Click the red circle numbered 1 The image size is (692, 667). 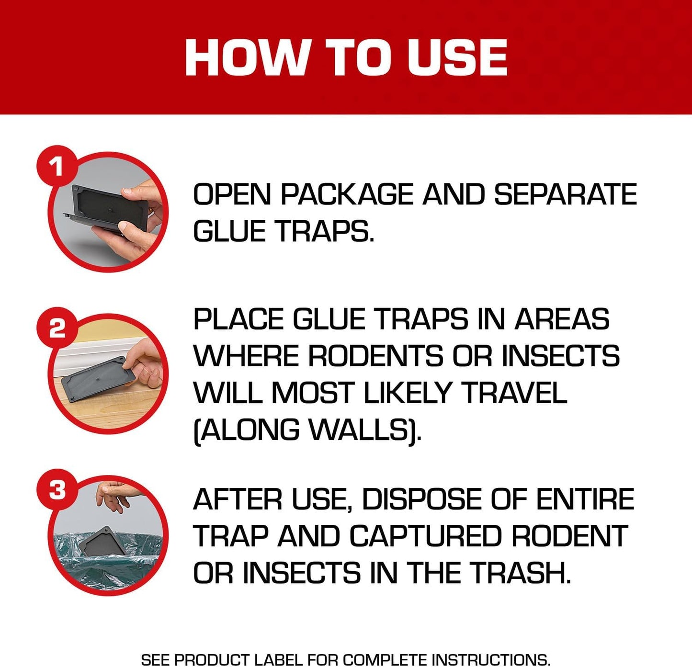pos(57,167)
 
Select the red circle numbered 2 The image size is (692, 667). pos(57,328)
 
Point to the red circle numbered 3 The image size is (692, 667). pos(57,490)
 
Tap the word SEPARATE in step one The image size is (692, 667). pos(565,195)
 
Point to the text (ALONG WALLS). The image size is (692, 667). pos(307,430)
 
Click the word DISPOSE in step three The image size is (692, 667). pos(422,499)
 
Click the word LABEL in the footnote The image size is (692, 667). pos(279,660)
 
